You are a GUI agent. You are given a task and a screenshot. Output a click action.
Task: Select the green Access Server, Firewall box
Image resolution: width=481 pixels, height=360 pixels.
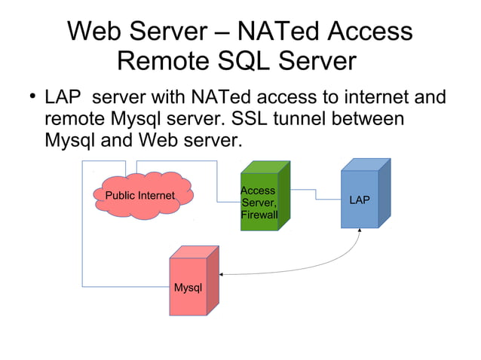coord(259,202)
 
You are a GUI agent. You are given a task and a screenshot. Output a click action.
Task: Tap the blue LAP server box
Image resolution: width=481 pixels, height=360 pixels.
coord(360,200)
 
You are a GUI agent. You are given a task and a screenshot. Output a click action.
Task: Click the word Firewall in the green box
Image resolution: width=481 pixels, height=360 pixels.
coord(259,216)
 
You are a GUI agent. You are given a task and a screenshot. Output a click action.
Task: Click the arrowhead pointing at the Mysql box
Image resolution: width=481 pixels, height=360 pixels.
coord(223,274)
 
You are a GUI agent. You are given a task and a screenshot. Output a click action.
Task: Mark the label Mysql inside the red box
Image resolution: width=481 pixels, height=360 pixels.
coord(188,288)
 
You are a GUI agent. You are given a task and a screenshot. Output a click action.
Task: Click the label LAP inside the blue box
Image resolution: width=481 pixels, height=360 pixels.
coord(360,200)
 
